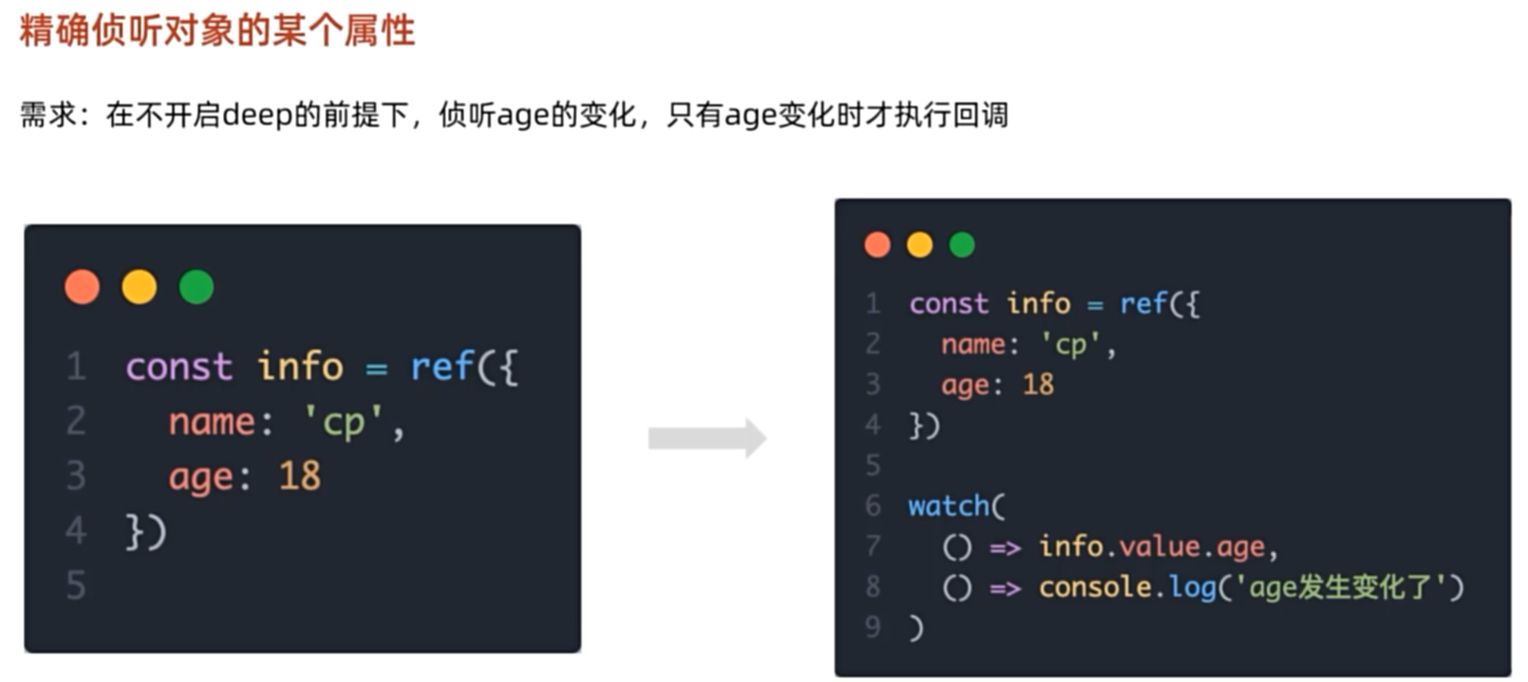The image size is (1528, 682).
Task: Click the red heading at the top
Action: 217,31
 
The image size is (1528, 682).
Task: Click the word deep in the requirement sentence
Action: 258,115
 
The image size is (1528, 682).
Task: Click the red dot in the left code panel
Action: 82,286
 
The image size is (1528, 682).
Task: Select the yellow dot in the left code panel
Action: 139,286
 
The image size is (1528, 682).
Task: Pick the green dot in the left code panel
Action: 196,286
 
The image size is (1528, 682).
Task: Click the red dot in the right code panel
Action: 877,244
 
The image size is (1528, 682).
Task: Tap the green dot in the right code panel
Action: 961,244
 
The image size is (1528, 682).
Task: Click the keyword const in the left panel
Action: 179,367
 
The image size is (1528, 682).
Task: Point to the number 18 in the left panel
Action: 300,476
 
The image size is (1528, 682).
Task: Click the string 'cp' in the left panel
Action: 343,422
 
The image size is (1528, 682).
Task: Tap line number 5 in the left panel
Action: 76,585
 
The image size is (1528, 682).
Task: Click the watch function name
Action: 949,506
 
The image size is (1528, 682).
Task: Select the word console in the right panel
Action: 1094,587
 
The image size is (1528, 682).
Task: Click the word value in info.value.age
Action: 1159,547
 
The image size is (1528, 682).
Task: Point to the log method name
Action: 1192,587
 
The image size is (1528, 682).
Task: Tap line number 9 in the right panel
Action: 873,627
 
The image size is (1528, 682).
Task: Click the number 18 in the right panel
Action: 1038,384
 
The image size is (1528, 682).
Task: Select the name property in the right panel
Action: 974,344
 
